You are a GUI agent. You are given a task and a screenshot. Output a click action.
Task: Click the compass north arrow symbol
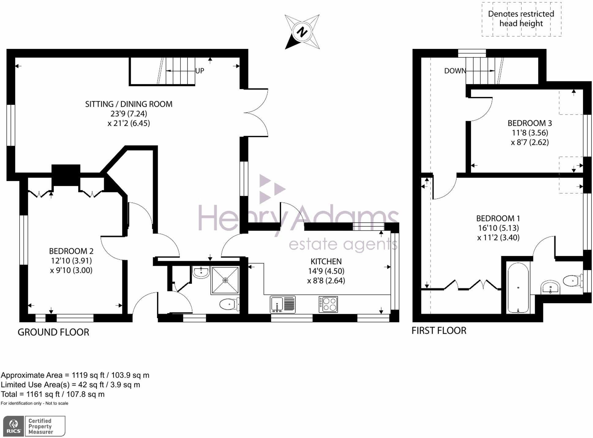point(302,32)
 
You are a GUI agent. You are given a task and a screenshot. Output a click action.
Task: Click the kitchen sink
point(282,304)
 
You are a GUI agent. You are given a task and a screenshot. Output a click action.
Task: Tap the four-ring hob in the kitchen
point(328,304)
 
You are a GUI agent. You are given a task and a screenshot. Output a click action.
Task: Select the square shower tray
point(225,280)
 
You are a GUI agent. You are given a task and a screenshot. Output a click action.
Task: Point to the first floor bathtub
point(518,288)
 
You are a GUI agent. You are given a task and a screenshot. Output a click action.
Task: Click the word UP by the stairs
point(200,71)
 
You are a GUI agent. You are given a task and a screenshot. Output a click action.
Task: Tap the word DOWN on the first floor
point(455,71)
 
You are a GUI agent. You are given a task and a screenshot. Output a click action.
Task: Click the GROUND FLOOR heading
point(53,332)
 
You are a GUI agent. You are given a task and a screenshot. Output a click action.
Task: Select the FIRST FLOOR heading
point(439,331)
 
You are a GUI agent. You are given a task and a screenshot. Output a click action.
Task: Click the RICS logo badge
point(34,426)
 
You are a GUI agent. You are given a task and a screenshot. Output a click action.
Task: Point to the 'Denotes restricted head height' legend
point(521,19)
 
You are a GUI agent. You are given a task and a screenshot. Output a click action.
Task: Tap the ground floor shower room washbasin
point(201,272)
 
